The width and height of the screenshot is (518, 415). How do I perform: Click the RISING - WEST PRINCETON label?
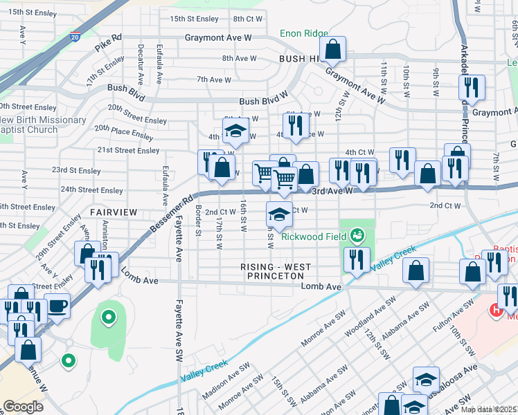tap(276, 271)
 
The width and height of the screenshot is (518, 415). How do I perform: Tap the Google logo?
tap(23, 407)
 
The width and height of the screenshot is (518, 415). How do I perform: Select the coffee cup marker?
tap(57, 305)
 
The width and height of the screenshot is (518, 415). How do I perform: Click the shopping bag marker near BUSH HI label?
tap(333, 50)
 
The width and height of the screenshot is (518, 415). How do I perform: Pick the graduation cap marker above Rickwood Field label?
tap(279, 214)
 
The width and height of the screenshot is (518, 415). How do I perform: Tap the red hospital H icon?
tap(496, 311)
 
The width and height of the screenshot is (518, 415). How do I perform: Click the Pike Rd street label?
tap(108, 46)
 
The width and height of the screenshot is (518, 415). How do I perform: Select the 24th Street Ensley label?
tap(91, 190)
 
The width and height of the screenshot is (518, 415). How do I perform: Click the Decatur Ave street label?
tap(141, 64)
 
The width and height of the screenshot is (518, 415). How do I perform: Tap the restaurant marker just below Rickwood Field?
tap(356, 259)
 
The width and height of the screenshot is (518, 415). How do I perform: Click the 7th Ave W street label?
tap(213, 80)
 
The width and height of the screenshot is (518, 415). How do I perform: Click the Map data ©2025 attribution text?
tap(489, 409)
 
